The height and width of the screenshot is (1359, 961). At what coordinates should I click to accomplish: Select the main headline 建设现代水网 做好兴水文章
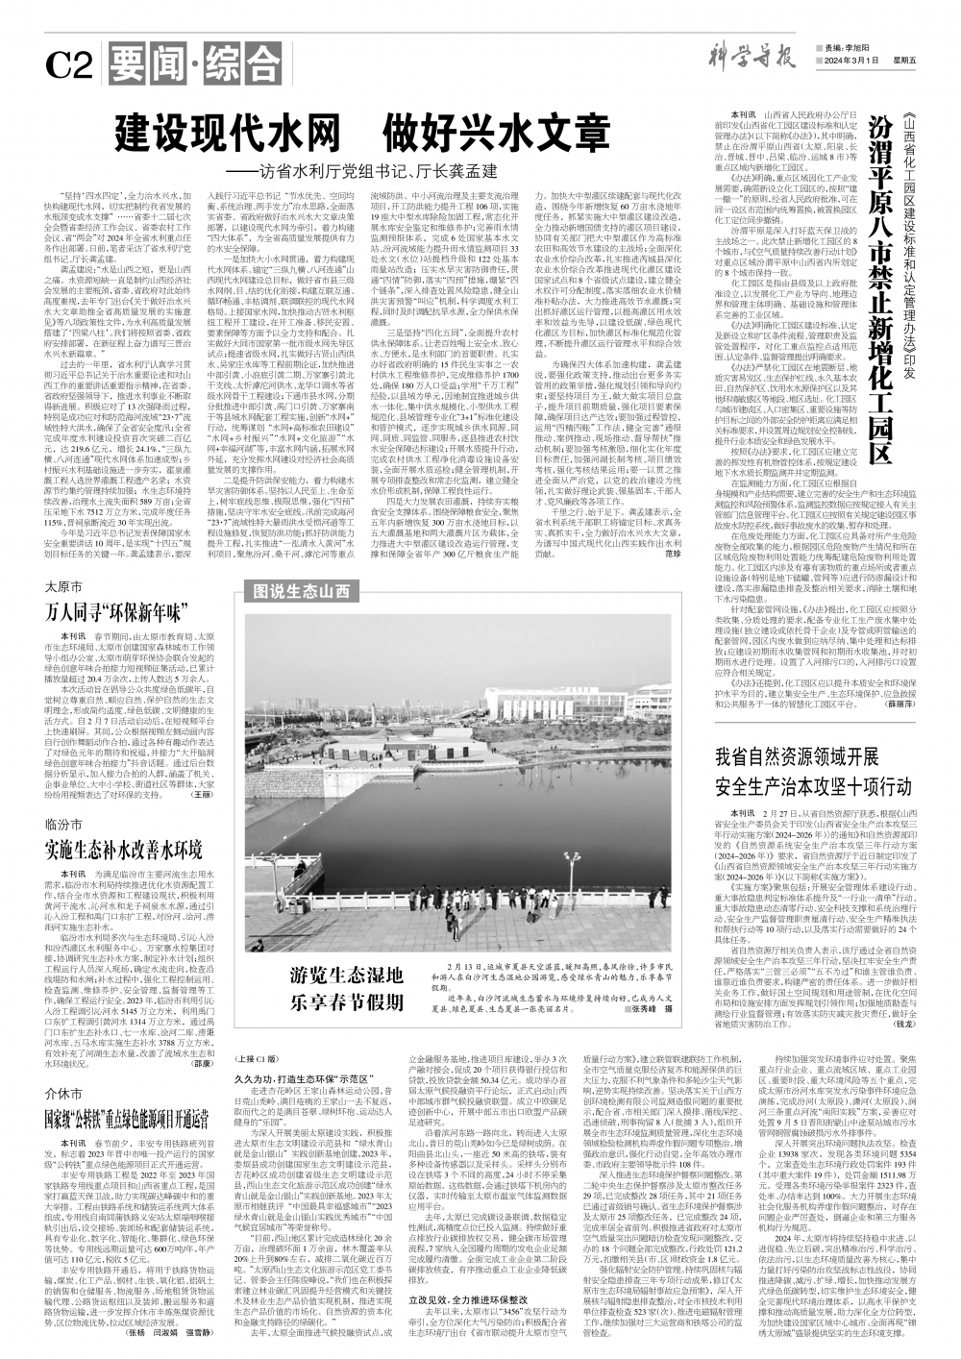[x=364, y=130]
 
